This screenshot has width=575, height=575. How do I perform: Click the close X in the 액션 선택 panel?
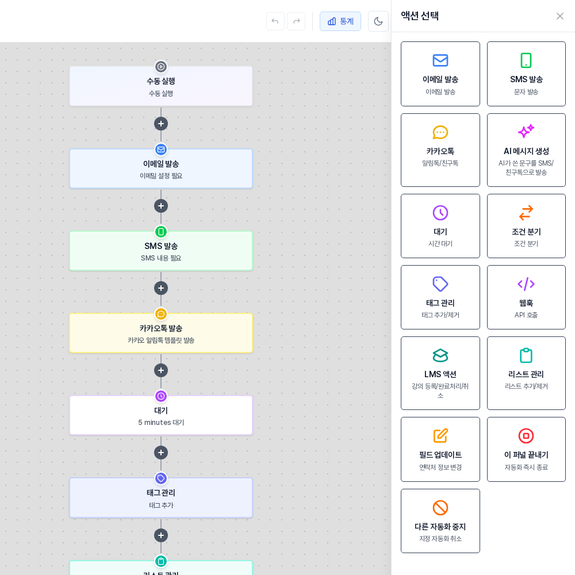click(559, 16)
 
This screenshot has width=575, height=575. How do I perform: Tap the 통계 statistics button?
click(340, 21)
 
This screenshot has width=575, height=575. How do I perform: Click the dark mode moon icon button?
click(378, 21)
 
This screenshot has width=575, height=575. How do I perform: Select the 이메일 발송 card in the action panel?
click(440, 74)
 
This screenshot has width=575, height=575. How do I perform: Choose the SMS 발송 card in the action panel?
click(526, 74)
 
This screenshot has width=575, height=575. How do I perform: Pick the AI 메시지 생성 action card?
click(526, 150)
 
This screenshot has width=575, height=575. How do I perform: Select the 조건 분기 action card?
click(526, 226)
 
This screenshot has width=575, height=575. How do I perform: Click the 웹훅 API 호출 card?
click(526, 297)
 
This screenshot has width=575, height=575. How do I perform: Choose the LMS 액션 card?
click(440, 373)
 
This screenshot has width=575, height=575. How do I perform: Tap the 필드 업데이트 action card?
click(440, 449)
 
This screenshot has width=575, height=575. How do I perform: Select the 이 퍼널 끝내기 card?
click(526, 449)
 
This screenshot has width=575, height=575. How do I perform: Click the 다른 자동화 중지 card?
click(440, 521)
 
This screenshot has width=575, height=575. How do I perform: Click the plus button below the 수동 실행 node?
click(161, 124)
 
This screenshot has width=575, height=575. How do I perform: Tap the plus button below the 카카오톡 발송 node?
click(161, 370)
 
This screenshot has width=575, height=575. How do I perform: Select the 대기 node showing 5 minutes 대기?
click(161, 416)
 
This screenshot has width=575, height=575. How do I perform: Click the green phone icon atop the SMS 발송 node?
click(161, 232)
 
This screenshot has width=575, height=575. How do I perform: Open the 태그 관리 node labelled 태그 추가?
click(161, 498)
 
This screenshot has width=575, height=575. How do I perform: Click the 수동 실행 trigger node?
click(161, 86)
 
